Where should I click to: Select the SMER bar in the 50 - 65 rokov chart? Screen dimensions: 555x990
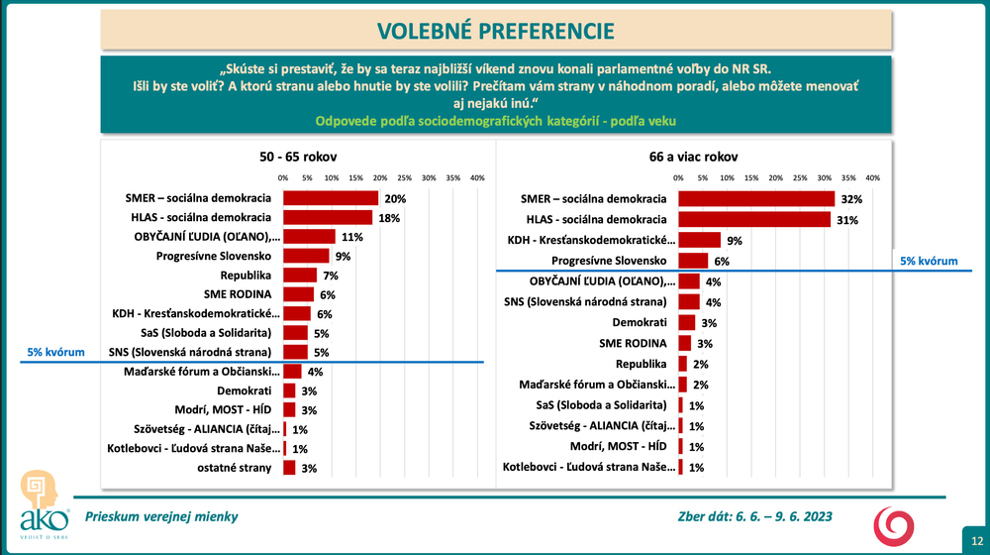331,198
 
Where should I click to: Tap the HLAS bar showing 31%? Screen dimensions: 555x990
753,219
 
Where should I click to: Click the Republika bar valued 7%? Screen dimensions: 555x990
300,275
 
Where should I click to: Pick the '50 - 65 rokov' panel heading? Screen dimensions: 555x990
290,157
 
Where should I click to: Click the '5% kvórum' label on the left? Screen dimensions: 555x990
56,352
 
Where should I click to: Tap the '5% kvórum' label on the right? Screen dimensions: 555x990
930,261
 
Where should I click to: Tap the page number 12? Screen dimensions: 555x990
975,539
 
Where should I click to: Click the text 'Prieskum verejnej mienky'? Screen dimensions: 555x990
161,515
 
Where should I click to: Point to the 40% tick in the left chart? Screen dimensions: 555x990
477,178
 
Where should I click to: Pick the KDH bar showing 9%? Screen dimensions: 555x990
700,239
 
